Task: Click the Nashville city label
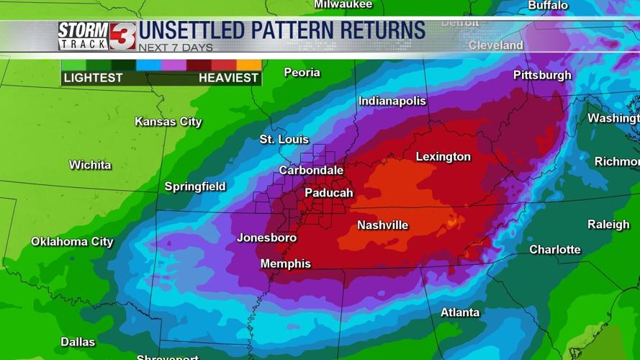pos(382,225)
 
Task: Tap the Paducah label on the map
pos(328,193)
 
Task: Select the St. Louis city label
pos(284,140)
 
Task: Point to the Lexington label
pos(443,157)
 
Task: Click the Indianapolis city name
pos(392,102)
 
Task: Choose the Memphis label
pos(285,264)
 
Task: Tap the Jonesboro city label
pos(266,238)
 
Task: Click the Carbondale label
pos(311,171)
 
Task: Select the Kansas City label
pos(168,122)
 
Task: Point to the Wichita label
pos(90,166)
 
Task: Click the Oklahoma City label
pos(72,242)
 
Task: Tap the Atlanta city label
pos(460,312)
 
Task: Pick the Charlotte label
pos(554,250)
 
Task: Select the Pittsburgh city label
pos(542,76)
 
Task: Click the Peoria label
pos(302,73)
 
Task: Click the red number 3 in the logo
pos(122,36)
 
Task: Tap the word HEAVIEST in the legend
pos(228,78)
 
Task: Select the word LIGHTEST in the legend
pos(93,78)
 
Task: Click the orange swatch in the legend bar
pos(249,65)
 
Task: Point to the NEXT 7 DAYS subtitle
pos(176,48)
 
